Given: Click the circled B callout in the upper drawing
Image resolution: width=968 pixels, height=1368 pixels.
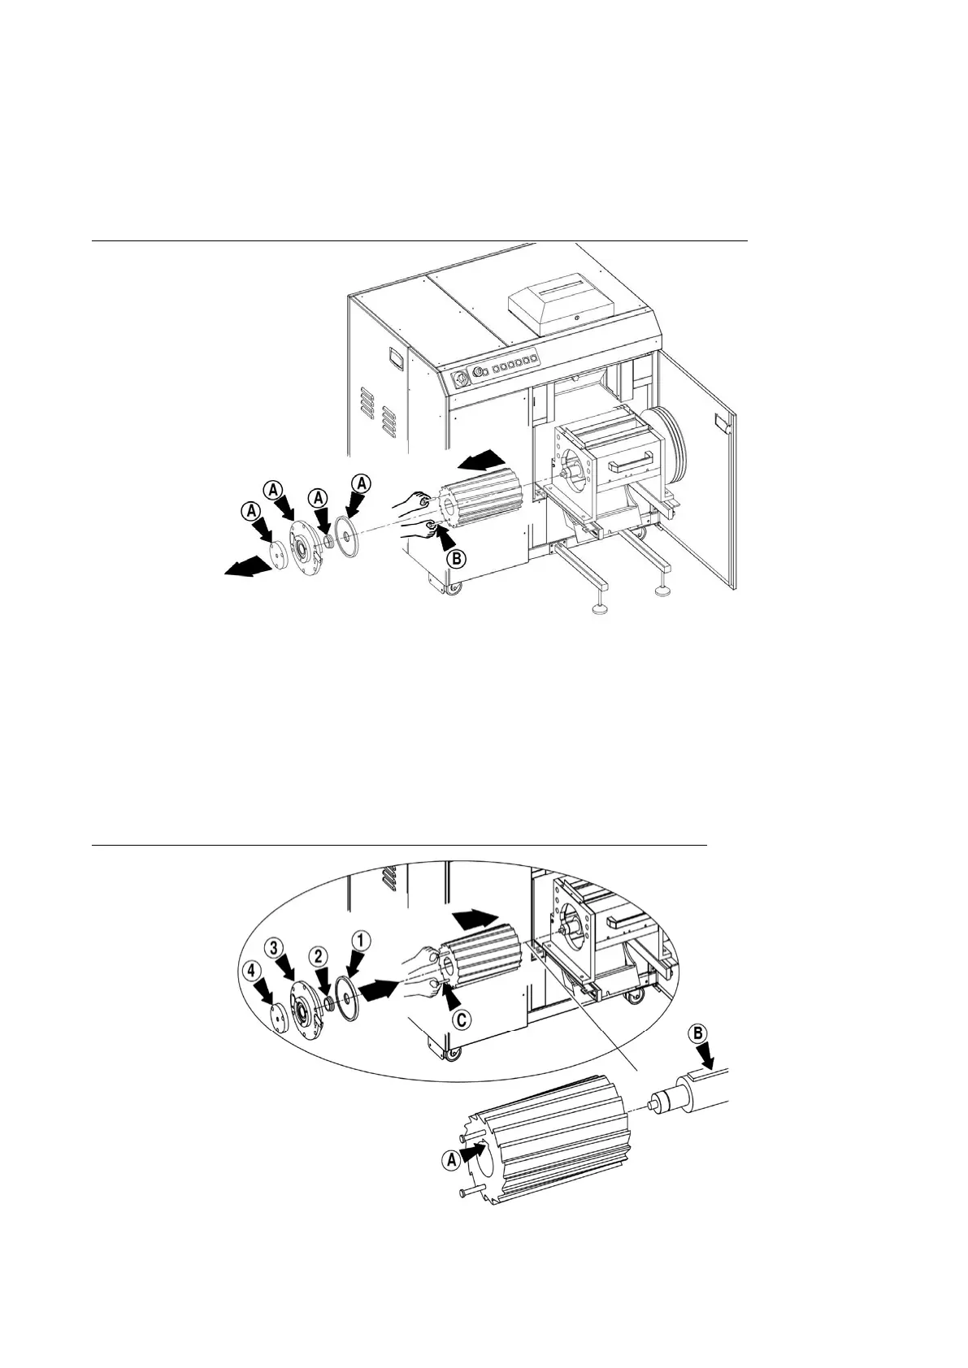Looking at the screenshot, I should click(x=457, y=559).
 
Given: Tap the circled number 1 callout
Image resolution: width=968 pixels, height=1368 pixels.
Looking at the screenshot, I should click(x=362, y=939).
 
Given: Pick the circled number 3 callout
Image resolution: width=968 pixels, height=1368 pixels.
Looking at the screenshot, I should click(x=276, y=946).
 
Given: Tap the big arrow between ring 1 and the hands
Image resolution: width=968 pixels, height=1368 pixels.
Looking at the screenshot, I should click(x=381, y=989).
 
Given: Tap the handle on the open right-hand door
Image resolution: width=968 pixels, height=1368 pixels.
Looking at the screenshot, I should click(x=720, y=420).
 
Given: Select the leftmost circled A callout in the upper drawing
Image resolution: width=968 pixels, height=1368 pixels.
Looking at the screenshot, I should click(x=251, y=510).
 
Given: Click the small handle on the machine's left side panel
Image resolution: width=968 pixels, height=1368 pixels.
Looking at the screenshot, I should click(x=396, y=356).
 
